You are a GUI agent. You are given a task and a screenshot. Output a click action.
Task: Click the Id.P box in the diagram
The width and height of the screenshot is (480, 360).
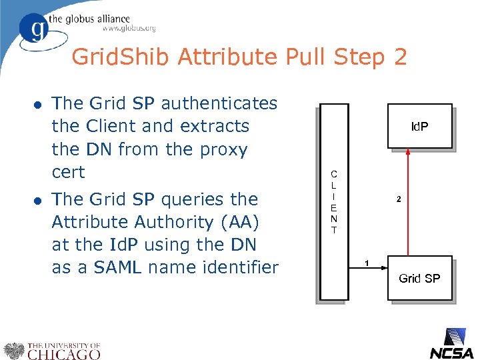[419, 125]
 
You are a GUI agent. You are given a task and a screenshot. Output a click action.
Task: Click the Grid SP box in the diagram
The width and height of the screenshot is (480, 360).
[419, 277]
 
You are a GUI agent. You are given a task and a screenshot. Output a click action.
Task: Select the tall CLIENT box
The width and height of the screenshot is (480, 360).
[333, 202]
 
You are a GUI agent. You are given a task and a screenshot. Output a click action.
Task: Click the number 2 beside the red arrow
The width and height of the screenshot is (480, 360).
[399, 199]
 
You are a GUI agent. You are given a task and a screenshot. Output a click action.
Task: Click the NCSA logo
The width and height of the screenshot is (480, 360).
[451, 345]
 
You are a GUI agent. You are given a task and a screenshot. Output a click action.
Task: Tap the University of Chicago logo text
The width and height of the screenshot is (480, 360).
[63, 351]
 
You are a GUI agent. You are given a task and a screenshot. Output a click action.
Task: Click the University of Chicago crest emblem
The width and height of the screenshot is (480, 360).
[13, 351]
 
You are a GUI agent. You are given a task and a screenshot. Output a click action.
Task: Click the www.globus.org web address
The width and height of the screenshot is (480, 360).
[129, 28]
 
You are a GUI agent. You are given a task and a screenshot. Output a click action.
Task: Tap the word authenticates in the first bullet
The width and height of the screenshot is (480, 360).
[219, 103]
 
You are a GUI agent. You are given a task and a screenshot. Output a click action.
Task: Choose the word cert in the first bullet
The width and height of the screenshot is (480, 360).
[68, 172]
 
